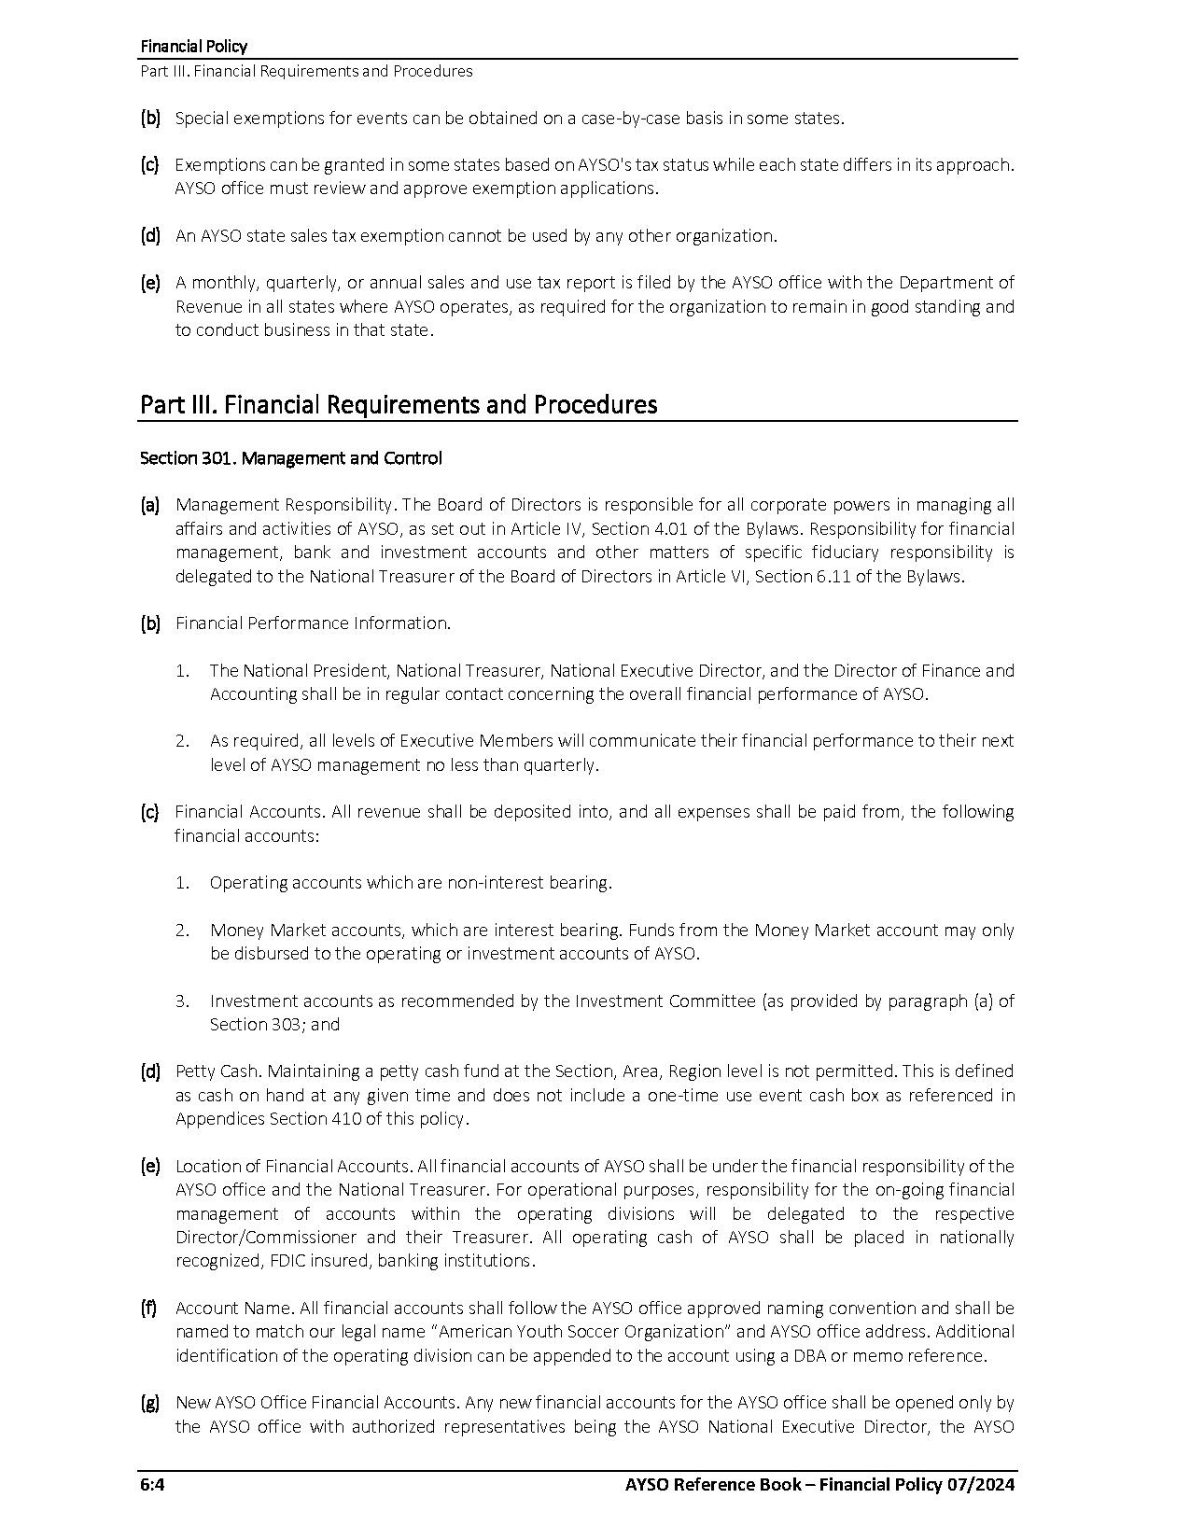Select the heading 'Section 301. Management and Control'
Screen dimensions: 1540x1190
(290, 458)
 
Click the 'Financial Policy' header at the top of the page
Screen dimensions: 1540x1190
(193, 46)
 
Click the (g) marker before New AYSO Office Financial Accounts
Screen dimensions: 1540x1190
(149, 1402)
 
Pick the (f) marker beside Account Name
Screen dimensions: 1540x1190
(149, 1308)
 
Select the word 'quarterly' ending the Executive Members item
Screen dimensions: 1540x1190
(560, 764)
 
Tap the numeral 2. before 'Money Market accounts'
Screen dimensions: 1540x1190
(183, 930)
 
